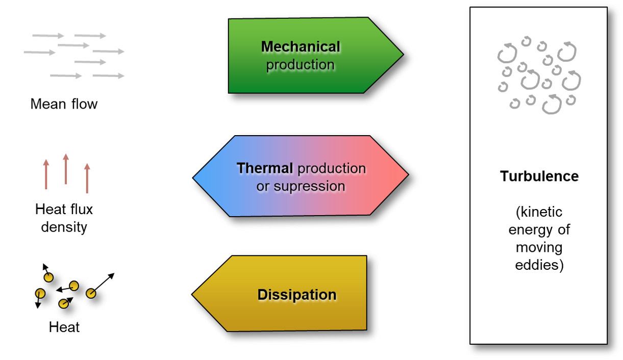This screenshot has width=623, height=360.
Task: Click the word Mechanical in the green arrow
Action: click(x=300, y=47)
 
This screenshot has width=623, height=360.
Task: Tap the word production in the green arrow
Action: click(x=300, y=65)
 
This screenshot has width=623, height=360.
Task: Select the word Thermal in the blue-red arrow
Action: click(x=265, y=168)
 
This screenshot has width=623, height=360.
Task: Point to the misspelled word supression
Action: click(x=310, y=186)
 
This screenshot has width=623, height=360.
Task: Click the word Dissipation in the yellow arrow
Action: click(x=296, y=295)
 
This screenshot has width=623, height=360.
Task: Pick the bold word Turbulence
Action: click(x=539, y=176)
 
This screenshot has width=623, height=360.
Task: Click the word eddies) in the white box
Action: click(x=539, y=266)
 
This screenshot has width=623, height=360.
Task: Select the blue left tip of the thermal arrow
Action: click(x=194, y=178)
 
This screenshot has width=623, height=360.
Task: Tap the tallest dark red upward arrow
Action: click(x=66, y=168)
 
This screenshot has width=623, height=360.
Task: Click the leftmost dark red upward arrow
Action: click(x=46, y=174)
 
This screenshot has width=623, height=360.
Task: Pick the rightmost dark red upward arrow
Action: click(x=87, y=178)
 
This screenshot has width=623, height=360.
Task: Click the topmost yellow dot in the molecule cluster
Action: click(x=47, y=277)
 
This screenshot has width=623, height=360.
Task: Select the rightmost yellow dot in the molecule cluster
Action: click(x=91, y=293)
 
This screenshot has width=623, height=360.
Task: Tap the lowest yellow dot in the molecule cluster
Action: click(x=63, y=304)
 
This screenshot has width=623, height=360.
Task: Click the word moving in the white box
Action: click(x=539, y=248)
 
